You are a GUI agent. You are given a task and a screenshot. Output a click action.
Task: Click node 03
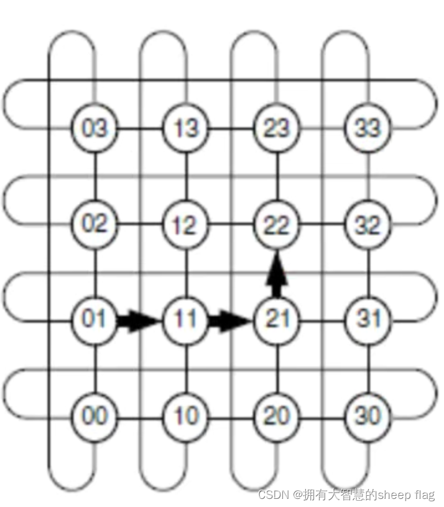click(x=95, y=129)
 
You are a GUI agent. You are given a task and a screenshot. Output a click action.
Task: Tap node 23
click(x=277, y=129)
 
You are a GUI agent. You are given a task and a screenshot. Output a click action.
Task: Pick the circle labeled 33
click(x=368, y=129)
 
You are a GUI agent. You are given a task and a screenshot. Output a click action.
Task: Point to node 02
click(x=95, y=224)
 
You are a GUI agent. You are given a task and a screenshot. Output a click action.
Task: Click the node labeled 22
click(x=277, y=225)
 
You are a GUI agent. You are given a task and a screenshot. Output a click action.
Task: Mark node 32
click(x=368, y=225)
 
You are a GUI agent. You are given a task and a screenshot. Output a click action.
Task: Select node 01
click(x=95, y=320)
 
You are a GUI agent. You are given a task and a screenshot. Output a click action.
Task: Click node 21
click(x=277, y=320)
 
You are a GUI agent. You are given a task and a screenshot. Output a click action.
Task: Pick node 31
click(x=368, y=320)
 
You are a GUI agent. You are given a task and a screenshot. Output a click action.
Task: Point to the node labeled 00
click(x=95, y=415)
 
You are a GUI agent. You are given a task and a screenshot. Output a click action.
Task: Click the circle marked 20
click(x=277, y=415)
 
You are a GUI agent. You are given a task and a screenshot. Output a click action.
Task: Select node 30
click(x=368, y=415)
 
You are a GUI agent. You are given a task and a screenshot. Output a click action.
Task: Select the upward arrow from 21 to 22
click(x=277, y=274)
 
